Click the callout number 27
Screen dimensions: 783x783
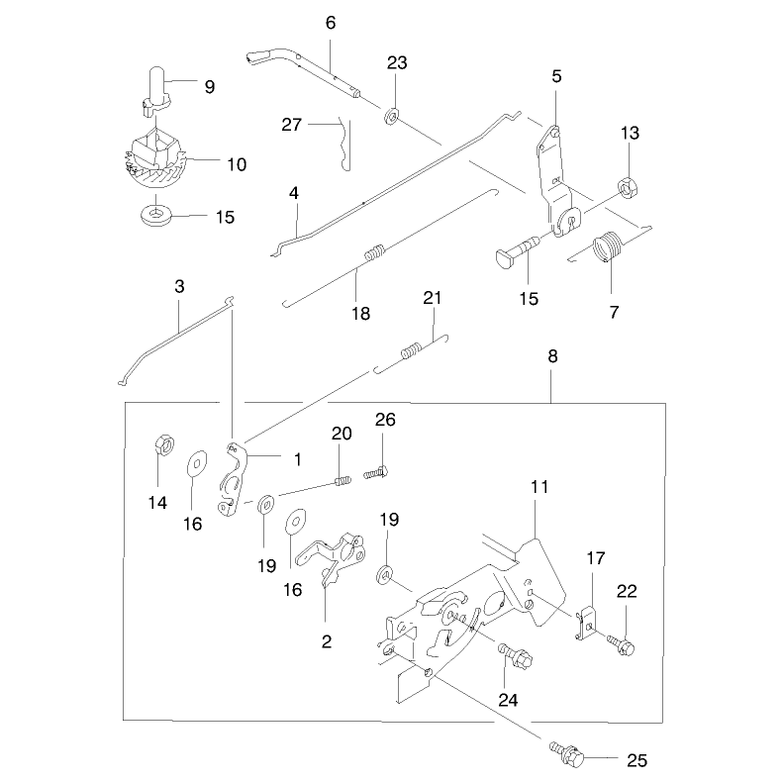[292, 125]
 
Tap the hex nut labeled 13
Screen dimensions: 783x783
[627, 187]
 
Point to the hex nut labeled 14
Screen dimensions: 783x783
[163, 443]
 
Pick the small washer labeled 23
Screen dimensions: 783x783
[392, 117]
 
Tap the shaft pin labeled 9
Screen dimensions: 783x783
[155, 92]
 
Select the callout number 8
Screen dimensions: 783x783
[552, 356]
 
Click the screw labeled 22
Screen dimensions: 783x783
[621, 644]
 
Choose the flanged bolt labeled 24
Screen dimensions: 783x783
[515, 655]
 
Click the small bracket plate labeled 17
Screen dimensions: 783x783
[586, 624]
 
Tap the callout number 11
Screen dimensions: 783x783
[539, 487]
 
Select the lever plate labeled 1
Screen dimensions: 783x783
[232, 478]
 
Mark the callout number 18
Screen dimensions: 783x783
[360, 314]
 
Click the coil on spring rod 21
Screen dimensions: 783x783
[412, 350]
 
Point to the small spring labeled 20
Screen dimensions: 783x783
[343, 481]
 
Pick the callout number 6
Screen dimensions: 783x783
[331, 23]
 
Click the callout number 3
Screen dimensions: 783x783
[179, 287]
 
